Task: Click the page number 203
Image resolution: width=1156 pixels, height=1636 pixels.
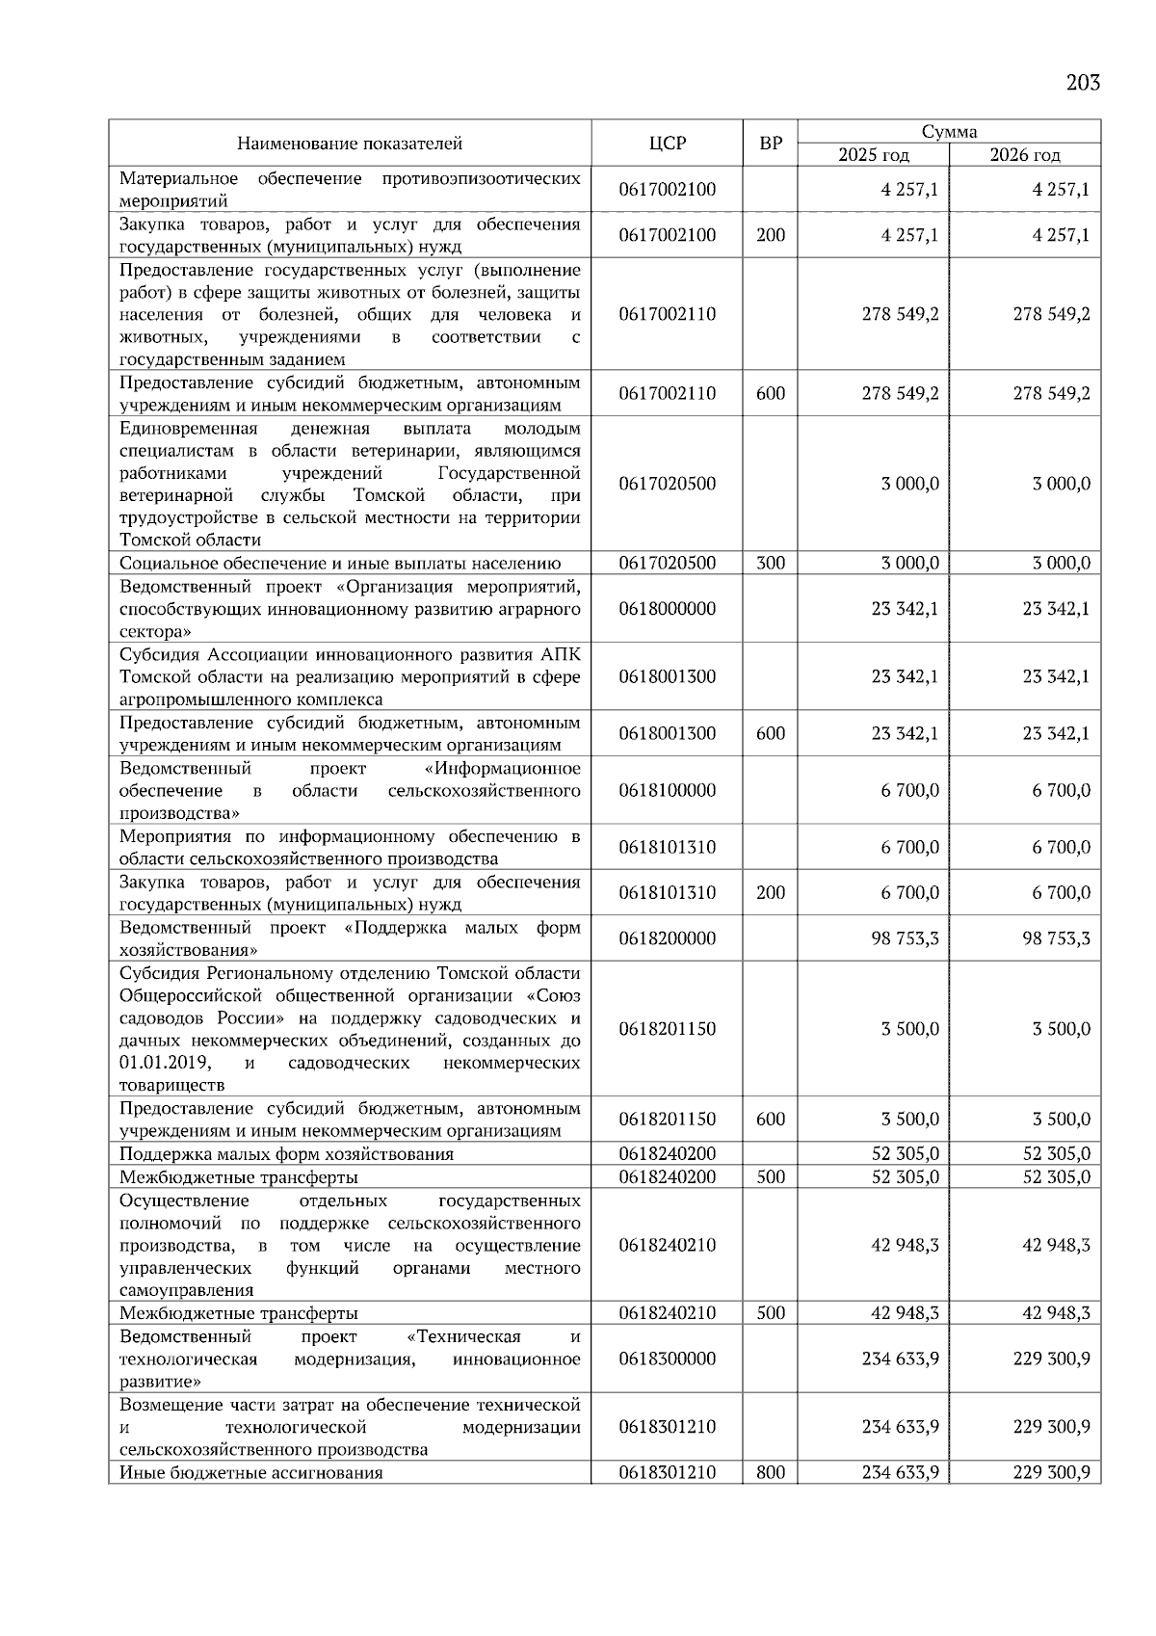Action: pyautogui.click(x=1083, y=83)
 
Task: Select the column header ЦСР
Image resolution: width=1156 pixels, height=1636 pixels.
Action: pyautogui.click(x=667, y=144)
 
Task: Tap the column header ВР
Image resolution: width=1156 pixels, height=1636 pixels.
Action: pyautogui.click(x=771, y=144)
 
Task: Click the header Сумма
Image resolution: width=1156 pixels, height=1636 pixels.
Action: pyautogui.click(x=949, y=132)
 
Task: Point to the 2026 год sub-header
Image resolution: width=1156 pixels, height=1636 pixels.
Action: pyautogui.click(x=1025, y=155)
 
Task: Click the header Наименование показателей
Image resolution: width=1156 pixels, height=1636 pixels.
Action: pyautogui.click(x=350, y=144)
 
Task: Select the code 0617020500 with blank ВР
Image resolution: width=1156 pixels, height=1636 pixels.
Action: pyautogui.click(x=667, y=484)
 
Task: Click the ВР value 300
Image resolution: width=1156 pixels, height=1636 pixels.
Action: pyautogui.click(x=771, y=564)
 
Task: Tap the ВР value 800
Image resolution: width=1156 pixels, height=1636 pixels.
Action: pyautogui.click(x=771, y=1473)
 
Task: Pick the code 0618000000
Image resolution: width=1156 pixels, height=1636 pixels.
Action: pyautogui.click(x=667, y=609)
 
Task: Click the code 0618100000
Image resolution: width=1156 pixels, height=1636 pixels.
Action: pyautogui.click(x=667, y=790)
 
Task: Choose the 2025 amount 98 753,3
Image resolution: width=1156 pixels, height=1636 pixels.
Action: pyautogui.click(x=905, y=938)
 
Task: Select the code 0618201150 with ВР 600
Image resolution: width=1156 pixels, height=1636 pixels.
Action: pyautogui.click(x=667, y=1120)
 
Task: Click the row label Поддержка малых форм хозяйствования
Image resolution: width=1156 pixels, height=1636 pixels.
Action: pyautogui.click(x=286, y=1154)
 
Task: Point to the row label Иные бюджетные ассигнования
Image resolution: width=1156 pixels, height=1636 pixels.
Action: pyautogui.click(x=250, y=1473)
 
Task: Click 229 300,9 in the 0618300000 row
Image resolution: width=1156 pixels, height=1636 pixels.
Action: pyautogui.click(x=1051, y=1359)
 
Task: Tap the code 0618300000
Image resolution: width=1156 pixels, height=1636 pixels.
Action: pyautogui.click(x=667, y=1359)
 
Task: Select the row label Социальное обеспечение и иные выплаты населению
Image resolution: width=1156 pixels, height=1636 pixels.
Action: pyautogui.click(x=340, y=564)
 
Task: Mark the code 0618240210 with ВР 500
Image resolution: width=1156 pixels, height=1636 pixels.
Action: pyautogui.click(x=667, y=1313)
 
